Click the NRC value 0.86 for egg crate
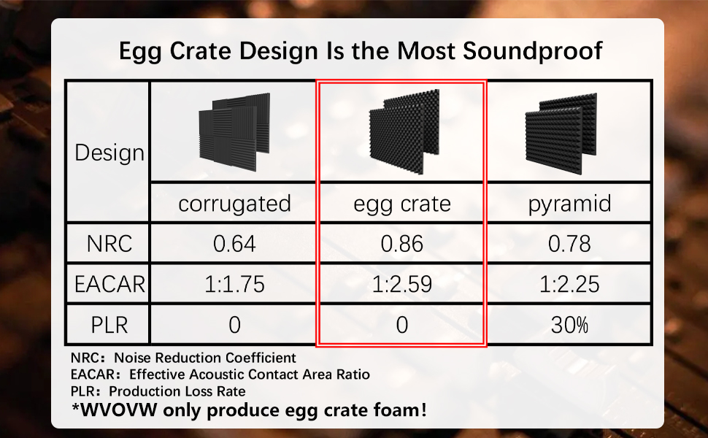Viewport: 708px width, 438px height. [x=402, y=244]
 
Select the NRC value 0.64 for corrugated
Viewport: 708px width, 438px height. [x=234, y=244]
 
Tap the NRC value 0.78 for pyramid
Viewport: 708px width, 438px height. [x=569, y=244]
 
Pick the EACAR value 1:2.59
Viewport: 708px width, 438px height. [x=402, y=285]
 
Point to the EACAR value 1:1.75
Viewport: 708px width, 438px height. [x=234, y=285]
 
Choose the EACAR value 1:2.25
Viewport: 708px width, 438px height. [x=569, y=285]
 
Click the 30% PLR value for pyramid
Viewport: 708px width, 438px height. [x=569, y=325]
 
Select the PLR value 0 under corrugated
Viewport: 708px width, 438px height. [x=234, y=325]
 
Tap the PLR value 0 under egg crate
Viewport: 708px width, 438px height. [x=402, y=325]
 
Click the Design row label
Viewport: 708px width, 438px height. [x=109, y=153]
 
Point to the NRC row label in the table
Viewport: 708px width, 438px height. [x=109, y=244]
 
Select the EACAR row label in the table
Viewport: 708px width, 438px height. [x=109, y=285]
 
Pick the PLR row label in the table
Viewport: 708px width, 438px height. [x=109, y=325]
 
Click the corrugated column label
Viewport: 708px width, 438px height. [x=234, y=204]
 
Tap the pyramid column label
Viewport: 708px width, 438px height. [x=569, y=204]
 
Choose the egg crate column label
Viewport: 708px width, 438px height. [x=402, y=204]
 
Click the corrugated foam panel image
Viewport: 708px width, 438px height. [x=234, y=131]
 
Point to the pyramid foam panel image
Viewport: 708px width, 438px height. [x=561, y=134]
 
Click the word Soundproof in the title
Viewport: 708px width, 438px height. [x=532, y=51]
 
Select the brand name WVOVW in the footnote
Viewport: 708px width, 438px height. [x=115, y=410]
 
